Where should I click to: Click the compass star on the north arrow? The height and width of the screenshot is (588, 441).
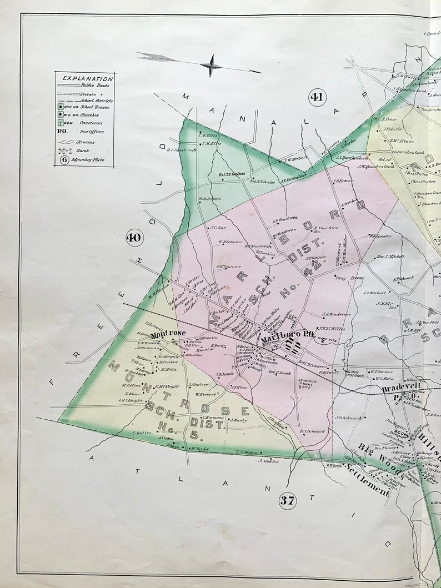tap(212, 65)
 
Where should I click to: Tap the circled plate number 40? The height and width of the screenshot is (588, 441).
tap(134, 238)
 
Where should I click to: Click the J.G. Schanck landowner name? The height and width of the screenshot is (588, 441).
tap(348, 418)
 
